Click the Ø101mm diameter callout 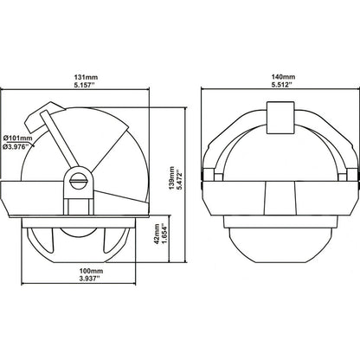point(18,138)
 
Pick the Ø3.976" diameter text point(17,145)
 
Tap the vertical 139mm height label point(172,178)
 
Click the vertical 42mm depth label point(157,235)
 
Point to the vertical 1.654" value point(164,235)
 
